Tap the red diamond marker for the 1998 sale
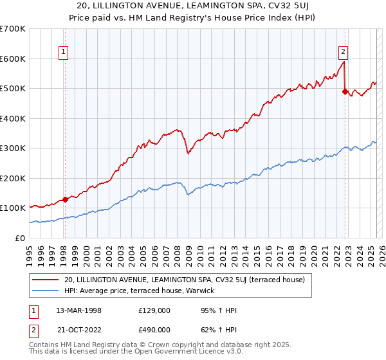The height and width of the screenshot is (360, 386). click(65, 199)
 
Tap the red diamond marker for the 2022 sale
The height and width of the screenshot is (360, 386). click(345, 91)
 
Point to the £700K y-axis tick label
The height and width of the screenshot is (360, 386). click(13, 29)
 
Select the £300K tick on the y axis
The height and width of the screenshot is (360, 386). click(13, 148)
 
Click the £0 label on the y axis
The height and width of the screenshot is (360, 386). click(21, 238)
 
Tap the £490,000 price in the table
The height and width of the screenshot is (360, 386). click(154, 329)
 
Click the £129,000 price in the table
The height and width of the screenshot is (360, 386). click(154, 310)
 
